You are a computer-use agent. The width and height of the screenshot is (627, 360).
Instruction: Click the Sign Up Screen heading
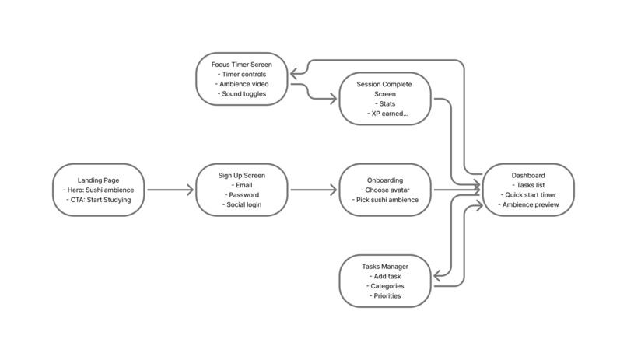tap(243, 175)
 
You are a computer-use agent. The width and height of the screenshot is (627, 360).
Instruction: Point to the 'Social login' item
tap(243, 205)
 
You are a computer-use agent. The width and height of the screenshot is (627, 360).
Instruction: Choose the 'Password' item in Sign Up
tap(243, 195)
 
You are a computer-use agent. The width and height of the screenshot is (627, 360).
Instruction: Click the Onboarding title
tap(385, 180)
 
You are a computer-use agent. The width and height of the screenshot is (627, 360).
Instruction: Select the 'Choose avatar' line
tap(385, 190)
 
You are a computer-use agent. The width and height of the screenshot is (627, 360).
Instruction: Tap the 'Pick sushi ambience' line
tap(385, 200)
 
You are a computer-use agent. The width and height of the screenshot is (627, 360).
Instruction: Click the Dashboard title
tap(528, 175)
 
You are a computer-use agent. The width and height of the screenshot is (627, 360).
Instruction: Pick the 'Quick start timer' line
tap(528, 195)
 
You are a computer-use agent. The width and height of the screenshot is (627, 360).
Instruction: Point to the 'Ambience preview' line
tap(528, 205)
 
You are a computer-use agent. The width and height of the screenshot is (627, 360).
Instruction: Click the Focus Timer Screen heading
tap(243, 64)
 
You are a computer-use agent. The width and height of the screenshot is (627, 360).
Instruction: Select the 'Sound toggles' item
tap(243, 94)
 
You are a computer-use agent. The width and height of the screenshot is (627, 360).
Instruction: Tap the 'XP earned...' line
tap(385, 114)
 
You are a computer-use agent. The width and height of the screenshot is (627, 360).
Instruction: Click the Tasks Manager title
tap(385, 266)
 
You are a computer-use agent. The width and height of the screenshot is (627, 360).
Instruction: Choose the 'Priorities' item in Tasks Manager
tap(385, 296)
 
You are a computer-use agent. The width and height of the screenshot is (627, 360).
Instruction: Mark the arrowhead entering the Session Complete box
tap(334, 98)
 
